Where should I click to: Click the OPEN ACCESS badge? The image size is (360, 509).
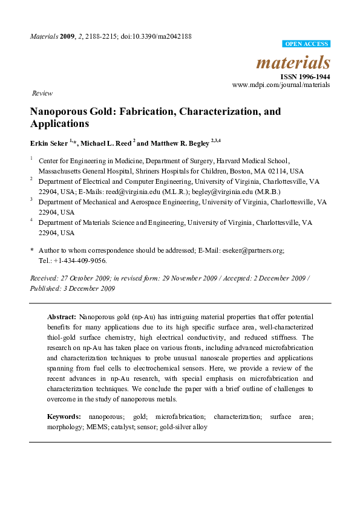306,44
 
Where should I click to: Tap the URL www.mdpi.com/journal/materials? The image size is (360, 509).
281,85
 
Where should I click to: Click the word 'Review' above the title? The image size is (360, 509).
42,94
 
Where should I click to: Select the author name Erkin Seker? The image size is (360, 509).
49,143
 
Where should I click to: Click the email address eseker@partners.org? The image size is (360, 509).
258,250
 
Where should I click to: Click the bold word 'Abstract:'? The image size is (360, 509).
61,317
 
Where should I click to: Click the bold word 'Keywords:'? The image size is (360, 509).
64,417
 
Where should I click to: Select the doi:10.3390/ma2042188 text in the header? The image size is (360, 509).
158,36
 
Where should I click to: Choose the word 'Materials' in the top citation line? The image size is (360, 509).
44,36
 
